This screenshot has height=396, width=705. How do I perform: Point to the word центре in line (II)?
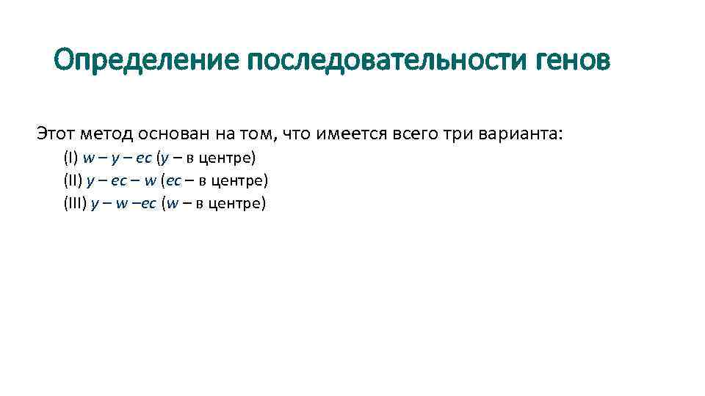[242, 180]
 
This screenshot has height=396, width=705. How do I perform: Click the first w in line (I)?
[88, 158]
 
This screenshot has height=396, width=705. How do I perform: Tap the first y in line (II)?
[90, 181]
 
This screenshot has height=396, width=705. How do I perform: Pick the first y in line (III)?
[94, 204]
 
